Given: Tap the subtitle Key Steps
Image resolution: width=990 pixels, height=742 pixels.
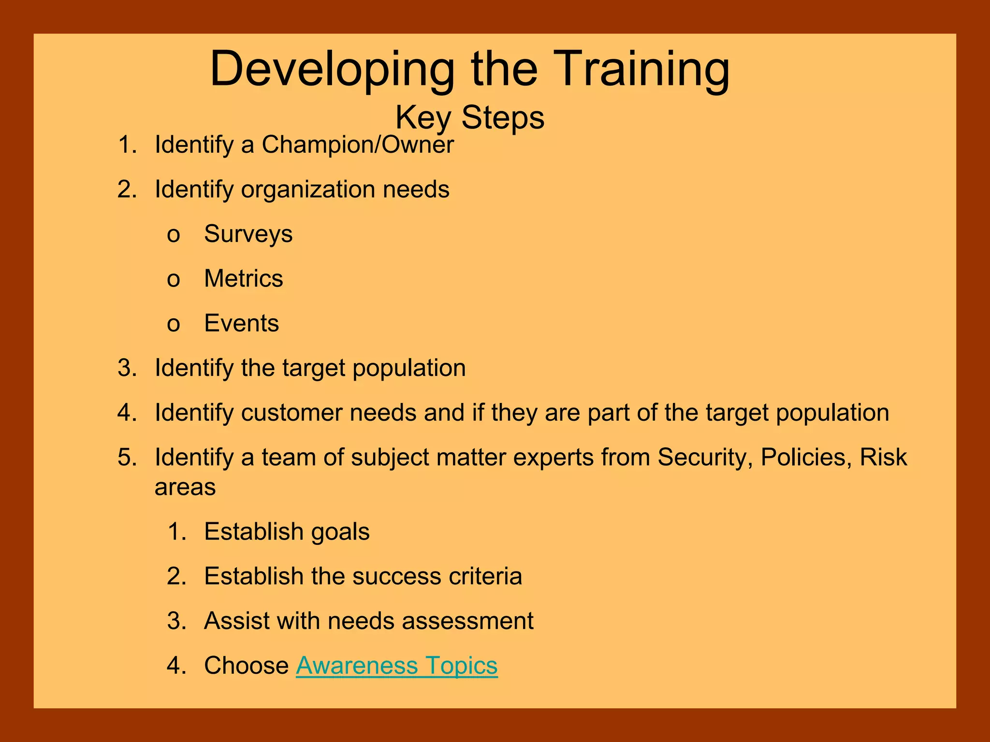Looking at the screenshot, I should point(470,117).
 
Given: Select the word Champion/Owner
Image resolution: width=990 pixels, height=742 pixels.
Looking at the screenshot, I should point(358,144).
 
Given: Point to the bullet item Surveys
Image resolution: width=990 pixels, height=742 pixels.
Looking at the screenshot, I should point(248,234).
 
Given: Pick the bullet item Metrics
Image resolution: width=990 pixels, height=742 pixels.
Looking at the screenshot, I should point(244,279).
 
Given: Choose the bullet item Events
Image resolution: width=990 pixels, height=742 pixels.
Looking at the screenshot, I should point(241,323).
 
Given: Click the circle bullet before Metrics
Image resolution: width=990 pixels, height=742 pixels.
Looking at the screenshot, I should point(174,280).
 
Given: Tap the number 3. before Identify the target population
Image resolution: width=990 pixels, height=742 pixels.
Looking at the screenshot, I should point(127,368).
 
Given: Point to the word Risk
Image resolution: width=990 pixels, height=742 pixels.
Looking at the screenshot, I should point(883,457).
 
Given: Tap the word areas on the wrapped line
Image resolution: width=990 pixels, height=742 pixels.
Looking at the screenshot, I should point(185,487).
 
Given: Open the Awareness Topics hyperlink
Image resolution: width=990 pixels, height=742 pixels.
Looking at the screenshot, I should point(396,666).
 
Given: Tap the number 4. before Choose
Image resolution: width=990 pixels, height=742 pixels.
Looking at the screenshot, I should point(176,666).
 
